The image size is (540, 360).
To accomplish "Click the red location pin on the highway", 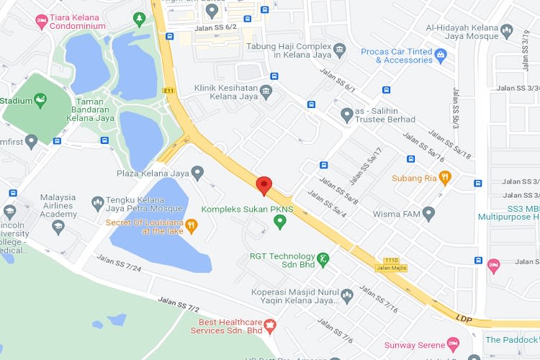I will coord(264,185).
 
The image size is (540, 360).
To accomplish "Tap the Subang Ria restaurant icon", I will coord(446,177).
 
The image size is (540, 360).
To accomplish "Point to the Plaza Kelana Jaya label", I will coord(153,173).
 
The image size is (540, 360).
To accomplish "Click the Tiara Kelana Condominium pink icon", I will coord(42,20).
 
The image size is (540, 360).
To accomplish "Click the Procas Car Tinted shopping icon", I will coord(441,53).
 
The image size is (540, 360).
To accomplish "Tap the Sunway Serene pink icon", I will coord(452,344).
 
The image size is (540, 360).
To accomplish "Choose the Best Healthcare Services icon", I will coord(270,325).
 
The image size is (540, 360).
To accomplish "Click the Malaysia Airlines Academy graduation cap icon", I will coord(58,228).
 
